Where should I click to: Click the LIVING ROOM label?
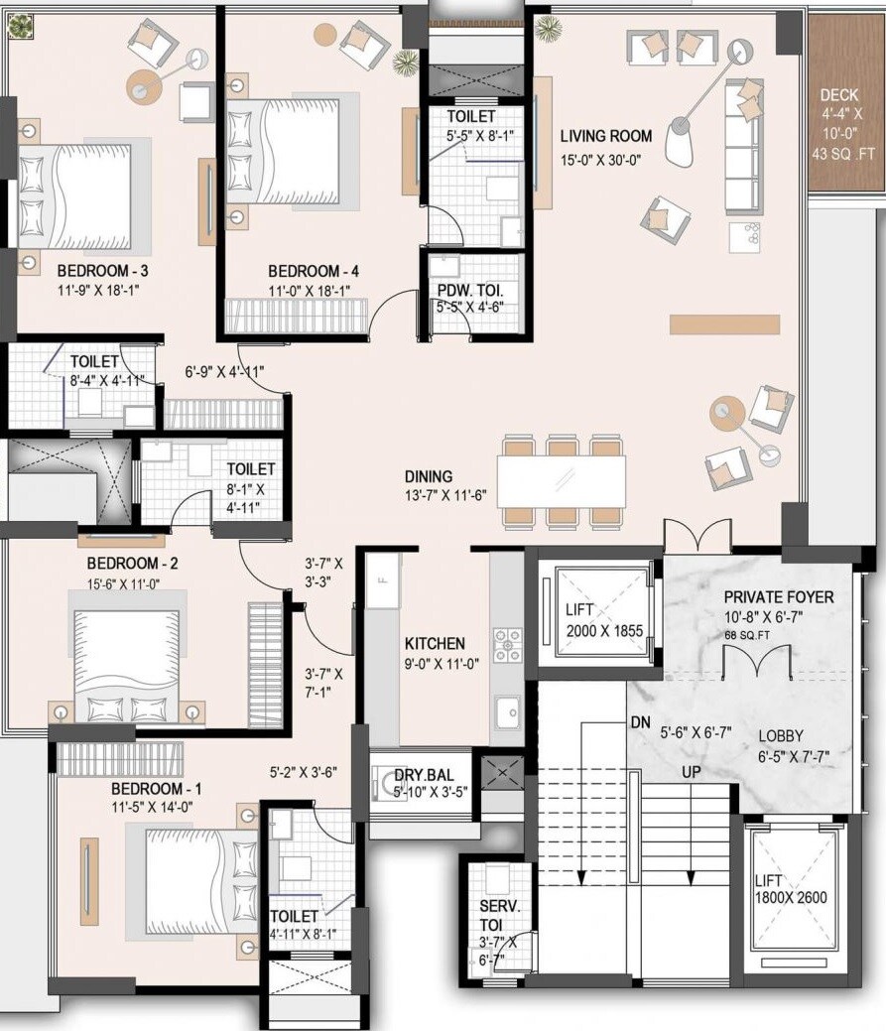click(605, 136)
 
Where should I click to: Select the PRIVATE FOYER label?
click(778, 597)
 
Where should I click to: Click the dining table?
click(562, 481)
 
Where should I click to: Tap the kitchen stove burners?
click(508, 645)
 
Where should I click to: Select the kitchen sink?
click(508, 711)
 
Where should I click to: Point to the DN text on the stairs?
click(640, 723)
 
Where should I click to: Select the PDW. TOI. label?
click(470, 291)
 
